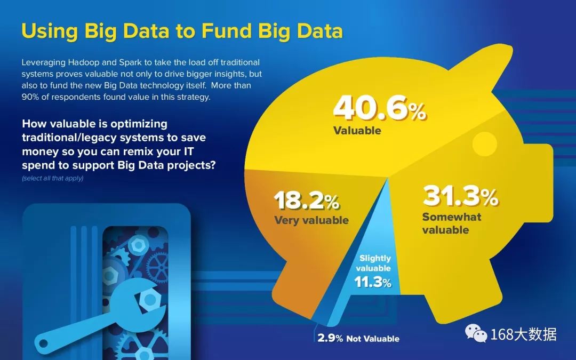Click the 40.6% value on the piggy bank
tap(380, 108)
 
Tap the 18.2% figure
tap(307, 201)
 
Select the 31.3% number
tap(460, 196)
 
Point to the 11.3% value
tap(373, 282)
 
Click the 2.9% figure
tap(330, 338)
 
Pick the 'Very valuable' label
tap(311, 220)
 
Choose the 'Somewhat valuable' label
tap(452, 223)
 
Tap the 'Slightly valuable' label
tap(374, 263)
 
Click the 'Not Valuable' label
tap(372, 339)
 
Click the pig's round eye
tap(484, 144)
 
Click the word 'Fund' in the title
tap(226, 31)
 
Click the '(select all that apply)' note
tap(52, 178)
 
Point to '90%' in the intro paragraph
tap(30, 97)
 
